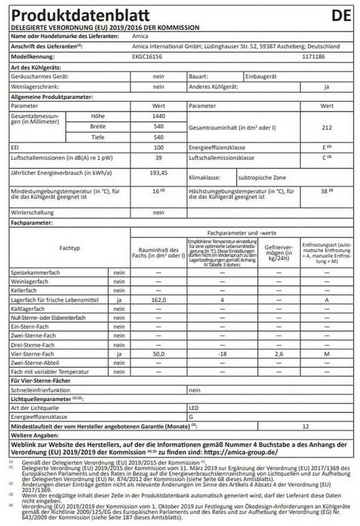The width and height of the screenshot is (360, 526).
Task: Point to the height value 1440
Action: pyautogui.click(x=158, y=117)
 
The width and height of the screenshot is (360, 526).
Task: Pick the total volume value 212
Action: pyautogui.click(x=327, y=127)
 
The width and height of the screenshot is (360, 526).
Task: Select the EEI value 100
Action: pyautogui.click(x=158, y=147)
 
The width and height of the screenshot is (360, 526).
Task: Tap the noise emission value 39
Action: pyautogui.click(x=158, y=157)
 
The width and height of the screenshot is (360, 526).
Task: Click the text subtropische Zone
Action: pyautogui.click(x=262, y=178)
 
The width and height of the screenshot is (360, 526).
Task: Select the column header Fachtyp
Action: pyautogui.click(x=69, y=248)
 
